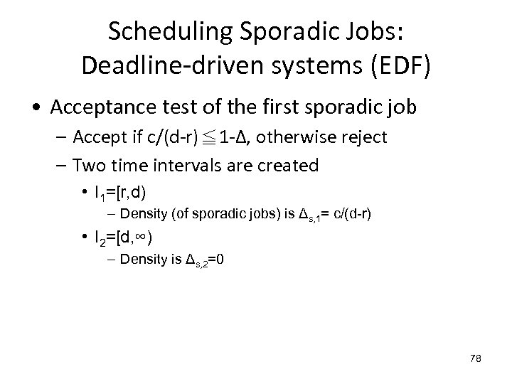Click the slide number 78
click(475, 358)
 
